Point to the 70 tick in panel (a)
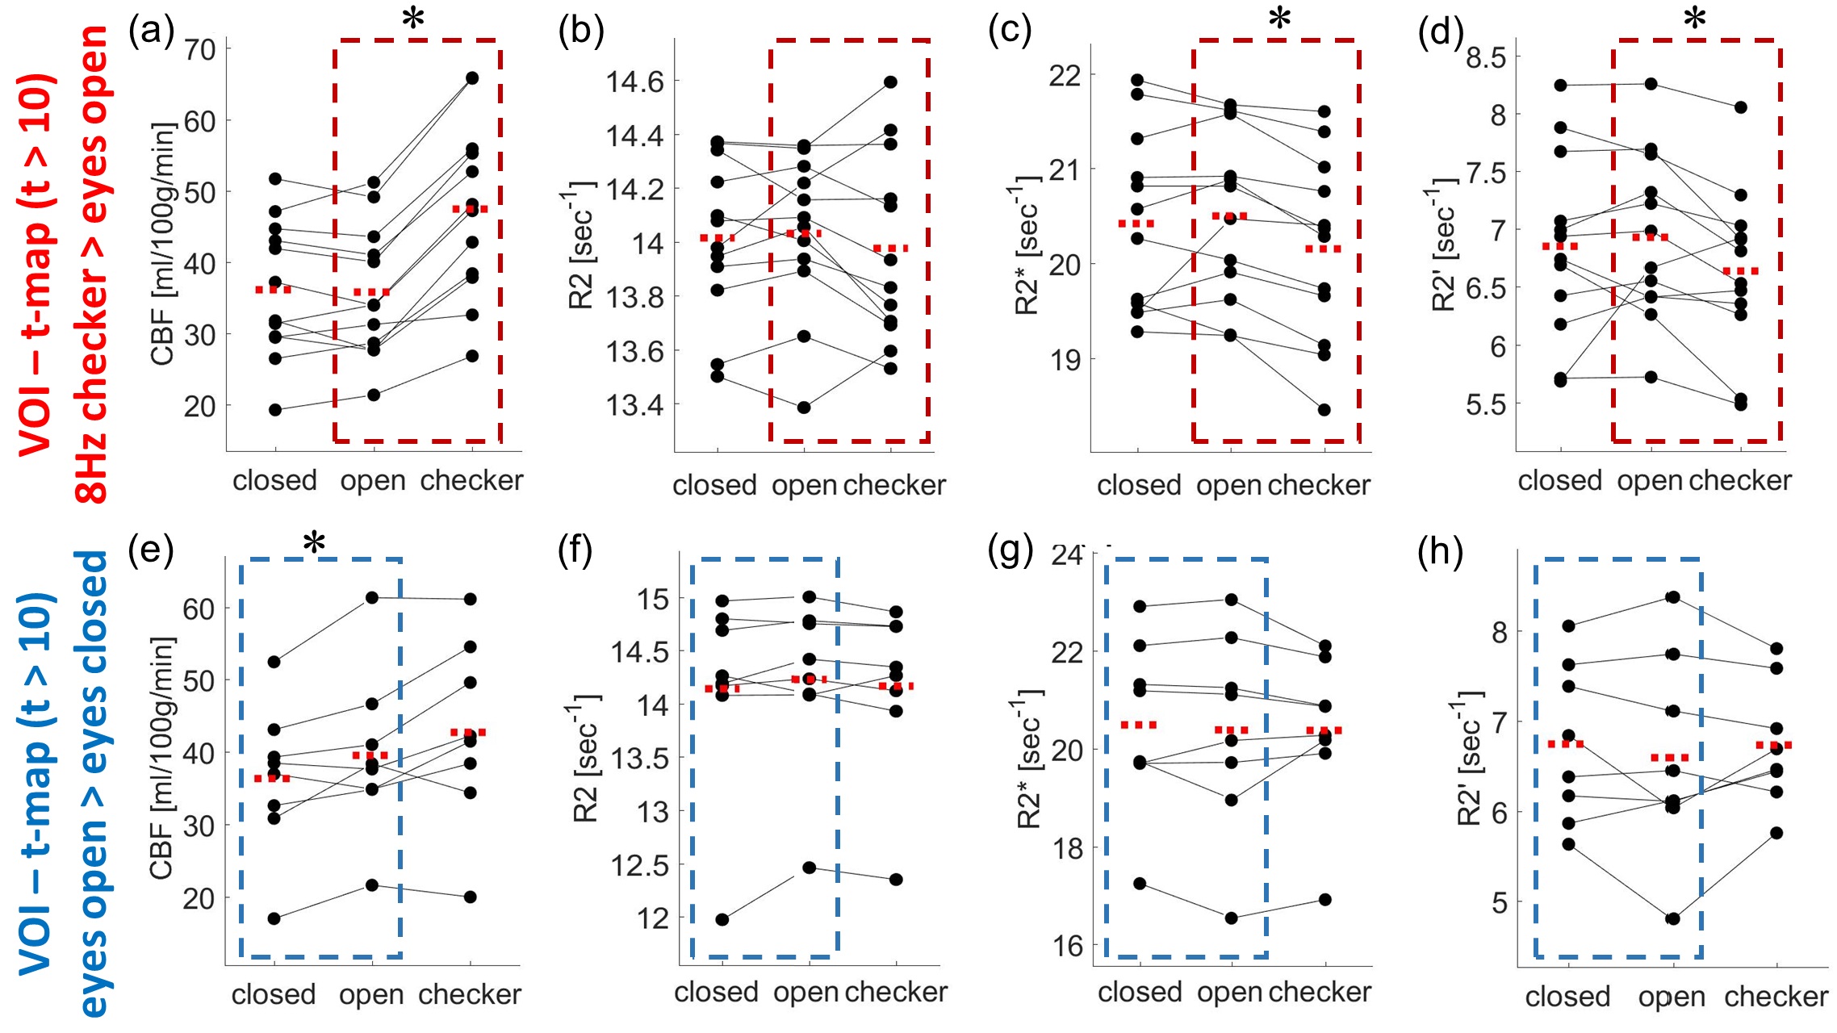[201, 49]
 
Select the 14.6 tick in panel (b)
[634, 82]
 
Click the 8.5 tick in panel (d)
[1486, 57]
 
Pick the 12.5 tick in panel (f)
[640, 866]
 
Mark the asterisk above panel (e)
[314, 545]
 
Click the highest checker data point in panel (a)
[472, 78]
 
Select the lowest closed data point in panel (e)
[274, 918]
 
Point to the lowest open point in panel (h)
[1672, 918]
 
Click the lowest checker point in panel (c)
[1324, 410]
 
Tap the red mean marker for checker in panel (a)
[470, 209]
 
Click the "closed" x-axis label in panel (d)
[1559, 481]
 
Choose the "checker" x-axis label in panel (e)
[469, 994]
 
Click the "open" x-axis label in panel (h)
[1672, 997]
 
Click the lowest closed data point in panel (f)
[722, 919]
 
